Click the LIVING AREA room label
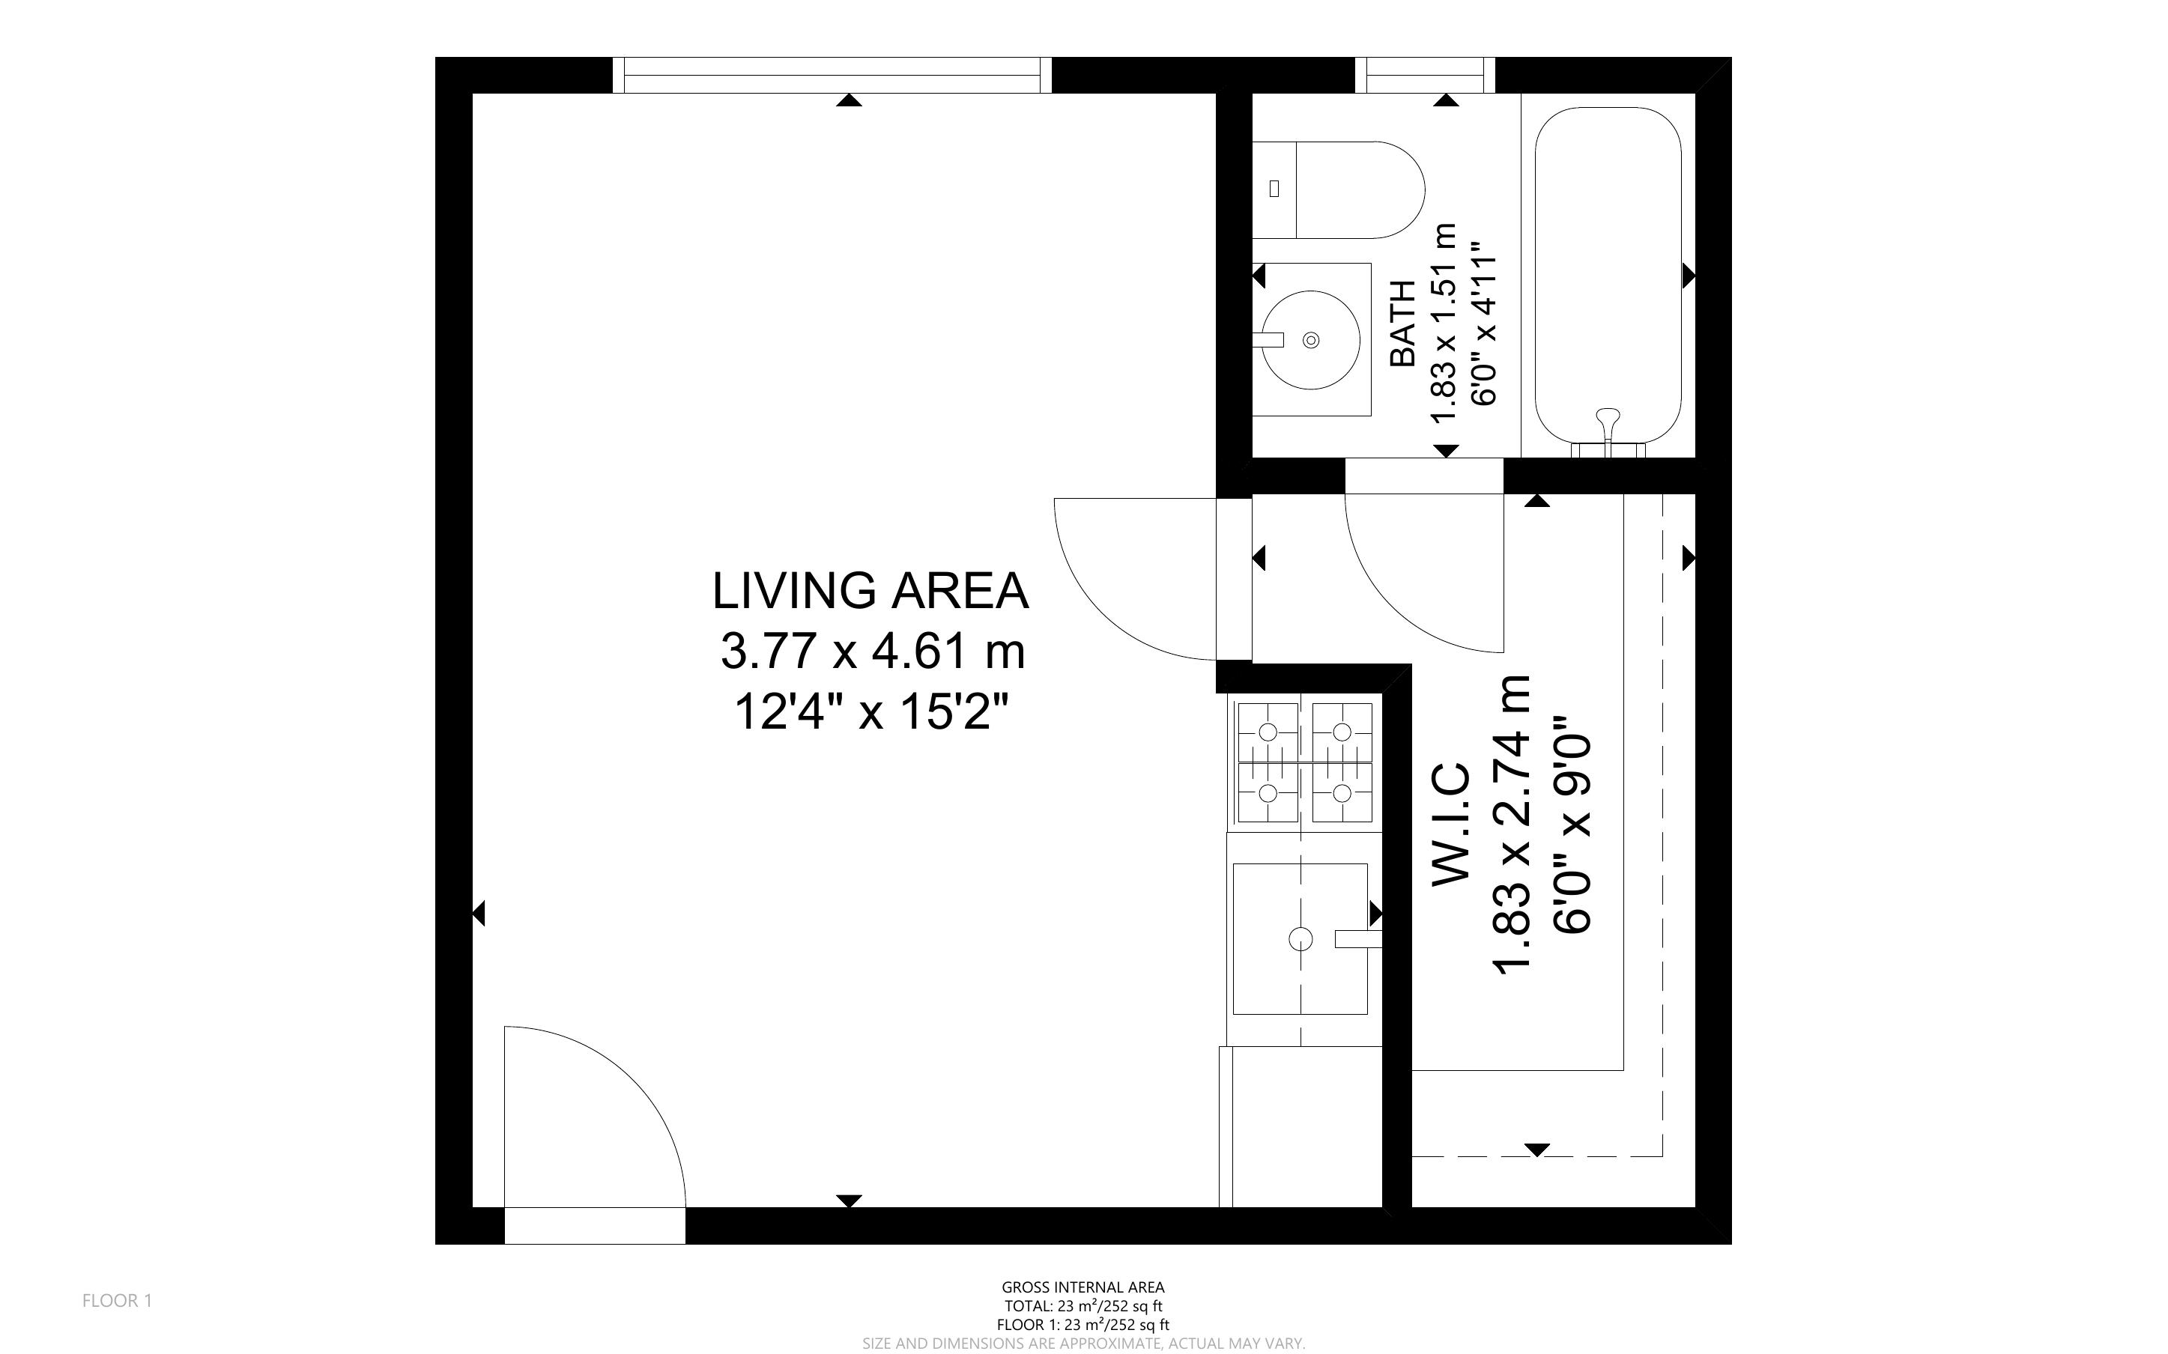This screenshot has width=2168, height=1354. (870, 591)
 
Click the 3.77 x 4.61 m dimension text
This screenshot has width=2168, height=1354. (872, 651)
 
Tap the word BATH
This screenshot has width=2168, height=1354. (1402, 324)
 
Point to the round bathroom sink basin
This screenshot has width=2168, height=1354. (1311, 339)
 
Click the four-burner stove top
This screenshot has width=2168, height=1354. (1305, 762)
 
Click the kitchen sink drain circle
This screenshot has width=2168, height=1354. (1301, 938)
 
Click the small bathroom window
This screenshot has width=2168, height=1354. (1426, 75)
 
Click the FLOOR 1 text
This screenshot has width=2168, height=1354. (118, 1300)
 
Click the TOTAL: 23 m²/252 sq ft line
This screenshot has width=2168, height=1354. (1083, 1307)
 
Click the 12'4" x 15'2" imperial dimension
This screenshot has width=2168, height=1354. (872, 713)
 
